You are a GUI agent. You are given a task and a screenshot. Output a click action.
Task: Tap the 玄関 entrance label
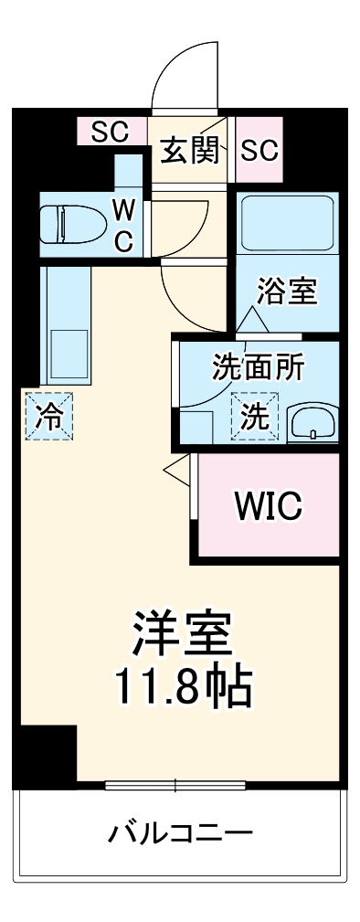click(x=190, y=150)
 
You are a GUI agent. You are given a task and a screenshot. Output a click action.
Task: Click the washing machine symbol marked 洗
click(x=254, y=416)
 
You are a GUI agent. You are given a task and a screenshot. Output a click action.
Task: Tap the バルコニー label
click(x=180, y=832)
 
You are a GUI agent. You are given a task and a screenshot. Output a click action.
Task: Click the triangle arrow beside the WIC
click(x=174, y=467)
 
